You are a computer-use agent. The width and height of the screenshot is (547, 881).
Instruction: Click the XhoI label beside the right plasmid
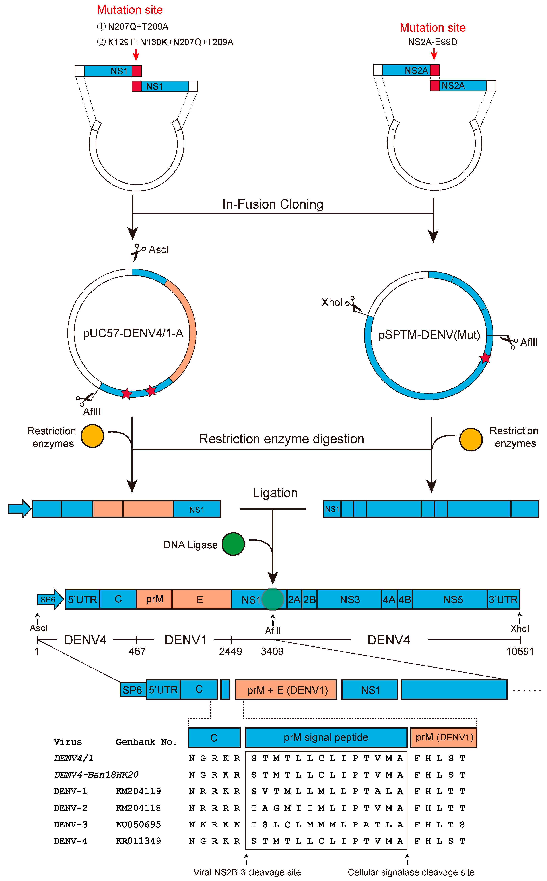point(332,302)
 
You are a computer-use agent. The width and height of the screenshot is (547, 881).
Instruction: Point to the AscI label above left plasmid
point(159,250)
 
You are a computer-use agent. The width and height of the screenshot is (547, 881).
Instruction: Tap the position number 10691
point(519,651)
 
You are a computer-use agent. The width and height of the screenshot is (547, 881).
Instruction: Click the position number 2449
point(230,651)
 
